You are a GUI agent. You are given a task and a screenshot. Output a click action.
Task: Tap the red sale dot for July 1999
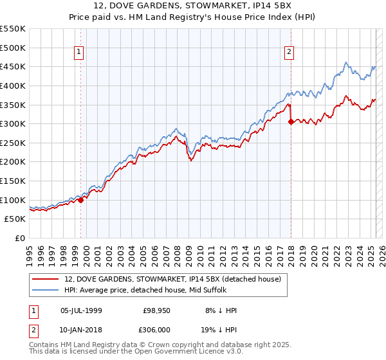(81, 200)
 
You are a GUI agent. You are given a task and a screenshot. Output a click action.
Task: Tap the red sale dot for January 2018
(291, 121)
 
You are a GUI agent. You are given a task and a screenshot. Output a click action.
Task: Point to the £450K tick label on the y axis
(13, 66)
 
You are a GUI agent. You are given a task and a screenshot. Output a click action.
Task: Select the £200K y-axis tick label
(13, 161)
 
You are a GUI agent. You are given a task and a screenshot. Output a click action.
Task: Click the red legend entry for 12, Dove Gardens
(172, 279)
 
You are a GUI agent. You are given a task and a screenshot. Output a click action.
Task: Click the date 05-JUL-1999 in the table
(81, 310)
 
